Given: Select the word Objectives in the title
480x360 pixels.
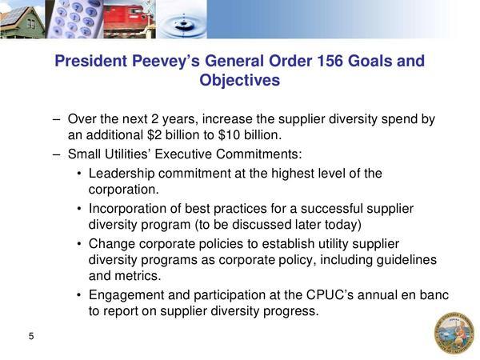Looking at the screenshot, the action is click(240, 80).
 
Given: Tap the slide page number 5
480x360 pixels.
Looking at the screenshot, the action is click(31, 336).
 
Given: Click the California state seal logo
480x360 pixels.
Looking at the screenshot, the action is click(454, 333).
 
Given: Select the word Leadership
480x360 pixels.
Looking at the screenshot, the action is click(122, 174).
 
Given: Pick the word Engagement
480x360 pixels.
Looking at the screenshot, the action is click(126, 295).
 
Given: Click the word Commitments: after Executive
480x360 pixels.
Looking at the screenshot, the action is click(258, 154).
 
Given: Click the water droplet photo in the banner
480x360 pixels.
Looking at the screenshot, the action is click(182, 19).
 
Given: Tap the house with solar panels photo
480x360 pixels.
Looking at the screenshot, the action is click(23, 19).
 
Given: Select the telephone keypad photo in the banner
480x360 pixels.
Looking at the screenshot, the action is click(74, 19).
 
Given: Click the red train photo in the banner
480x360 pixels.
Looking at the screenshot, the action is click(130, 19).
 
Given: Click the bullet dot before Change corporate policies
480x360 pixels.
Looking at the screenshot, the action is click(79, 244).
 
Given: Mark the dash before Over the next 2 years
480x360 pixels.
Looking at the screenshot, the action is click(56, 119).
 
